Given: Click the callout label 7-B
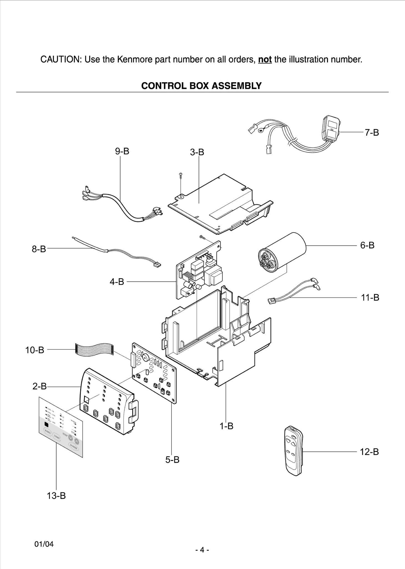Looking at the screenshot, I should click(x=372, y=133).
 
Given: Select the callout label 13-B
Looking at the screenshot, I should click(x=56, y=495).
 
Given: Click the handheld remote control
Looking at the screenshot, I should click(x=293, y=451).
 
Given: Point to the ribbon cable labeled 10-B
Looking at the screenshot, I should click(x=94, y=349).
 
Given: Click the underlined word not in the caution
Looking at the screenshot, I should click(x=265, y=60).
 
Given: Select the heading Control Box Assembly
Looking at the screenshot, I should click(x=201, y=86).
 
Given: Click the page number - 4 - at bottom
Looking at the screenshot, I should click(x=202, y=550).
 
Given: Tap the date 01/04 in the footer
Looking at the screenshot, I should click(x=44, y=544).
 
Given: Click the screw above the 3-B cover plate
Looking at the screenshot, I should click(x=181, y=175).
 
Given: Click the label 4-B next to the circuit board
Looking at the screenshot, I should click(x=117, y=282).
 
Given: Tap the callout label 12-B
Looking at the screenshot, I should click(x=369, y=452).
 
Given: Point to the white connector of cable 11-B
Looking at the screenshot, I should click(x=271, y=301).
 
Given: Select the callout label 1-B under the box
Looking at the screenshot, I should click(x=226, y=426).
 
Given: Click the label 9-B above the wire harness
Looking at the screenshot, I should click(x=122, y=151).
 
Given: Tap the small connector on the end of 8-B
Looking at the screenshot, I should click(x=157, y=265).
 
